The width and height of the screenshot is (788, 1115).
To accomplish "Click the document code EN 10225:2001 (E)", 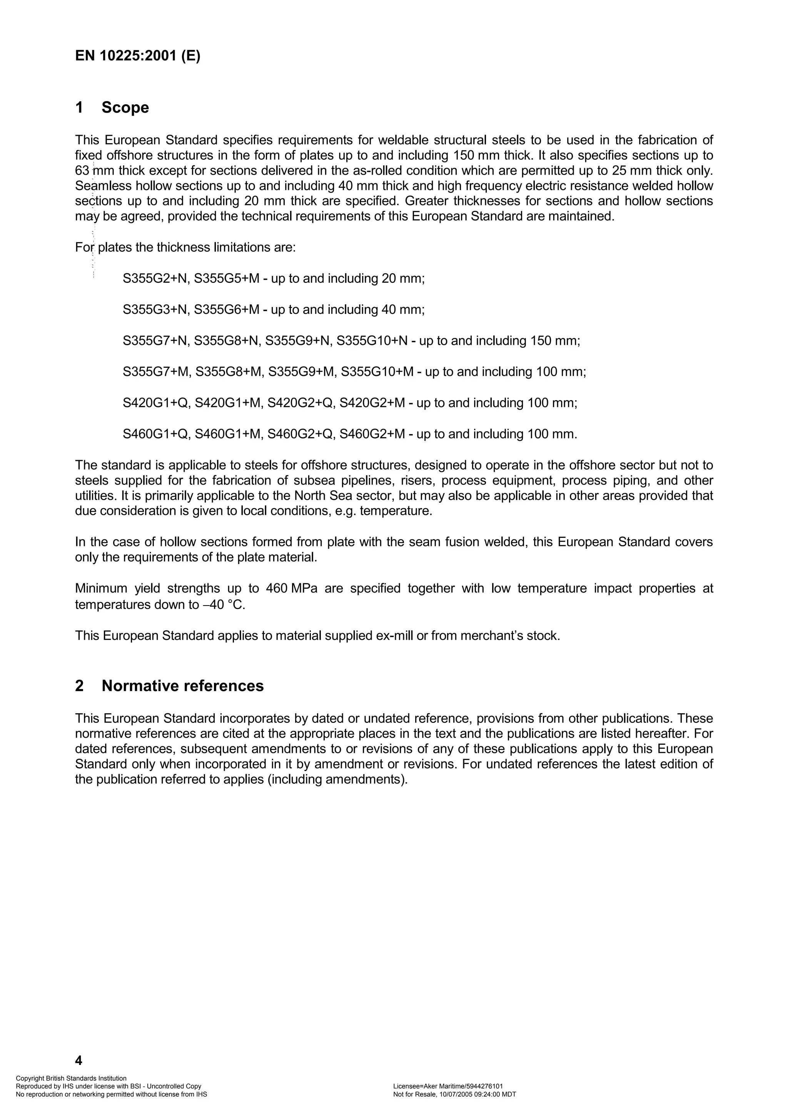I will (x=137, y=56).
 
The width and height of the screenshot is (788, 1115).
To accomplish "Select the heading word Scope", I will (x=125, y=107).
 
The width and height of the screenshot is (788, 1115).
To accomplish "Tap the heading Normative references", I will (x=182, y=686).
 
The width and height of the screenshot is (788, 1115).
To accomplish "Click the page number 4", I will (x=78, y=1060).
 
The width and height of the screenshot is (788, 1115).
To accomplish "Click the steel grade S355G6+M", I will (x=226, y=310).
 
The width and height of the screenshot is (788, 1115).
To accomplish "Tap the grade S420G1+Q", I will (x=155, y=403).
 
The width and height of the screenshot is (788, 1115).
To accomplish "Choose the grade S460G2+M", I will (x=372, y=434).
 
